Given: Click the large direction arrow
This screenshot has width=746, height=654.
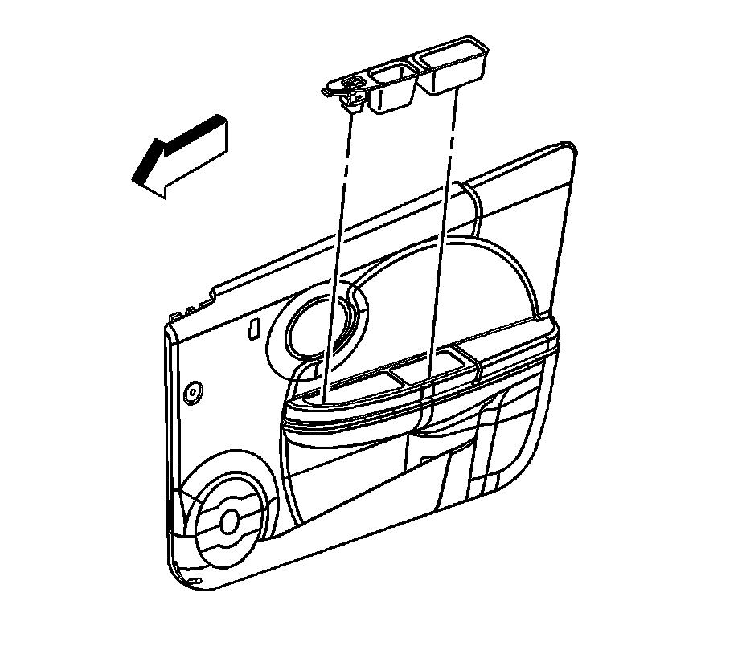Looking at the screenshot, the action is [181, 156].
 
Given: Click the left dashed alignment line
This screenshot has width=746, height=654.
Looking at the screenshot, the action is [338, 241].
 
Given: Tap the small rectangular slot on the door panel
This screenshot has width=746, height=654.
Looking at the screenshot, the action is [253, 329].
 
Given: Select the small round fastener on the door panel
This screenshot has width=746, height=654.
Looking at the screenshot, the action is [192, 393].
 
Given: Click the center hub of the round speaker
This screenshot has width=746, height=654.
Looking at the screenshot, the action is [228, 521].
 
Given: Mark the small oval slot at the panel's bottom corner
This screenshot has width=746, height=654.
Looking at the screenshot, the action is [194, 581].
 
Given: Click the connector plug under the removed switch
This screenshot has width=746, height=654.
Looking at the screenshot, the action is [351, 100].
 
